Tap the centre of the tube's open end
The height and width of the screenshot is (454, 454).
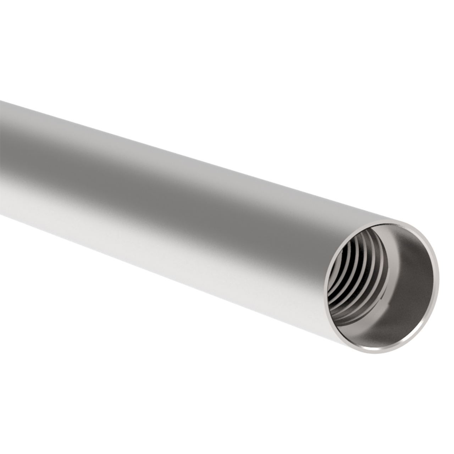381,286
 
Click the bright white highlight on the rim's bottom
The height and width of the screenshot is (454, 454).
376,351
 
